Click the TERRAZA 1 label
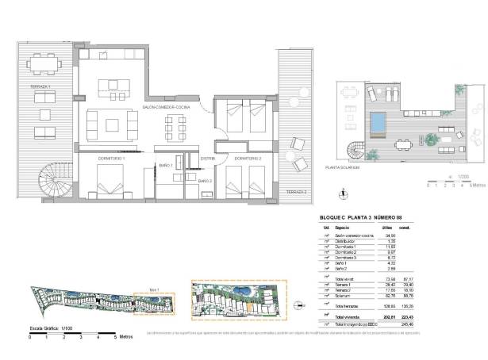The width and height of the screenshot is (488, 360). coord(40,86)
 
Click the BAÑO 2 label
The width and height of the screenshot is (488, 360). coord(206,182)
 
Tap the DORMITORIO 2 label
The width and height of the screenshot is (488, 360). coord(248,158)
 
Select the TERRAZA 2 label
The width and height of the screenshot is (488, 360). coord(296,192)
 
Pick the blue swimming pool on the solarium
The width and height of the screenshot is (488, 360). coord(380,123)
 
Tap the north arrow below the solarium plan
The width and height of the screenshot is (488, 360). coord(341,191)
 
